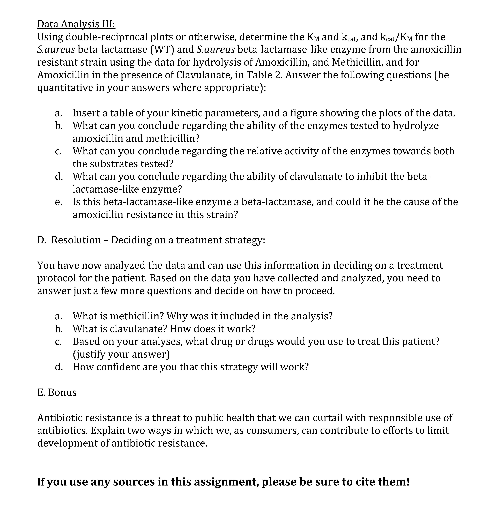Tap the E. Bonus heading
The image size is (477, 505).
pos(57,392)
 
